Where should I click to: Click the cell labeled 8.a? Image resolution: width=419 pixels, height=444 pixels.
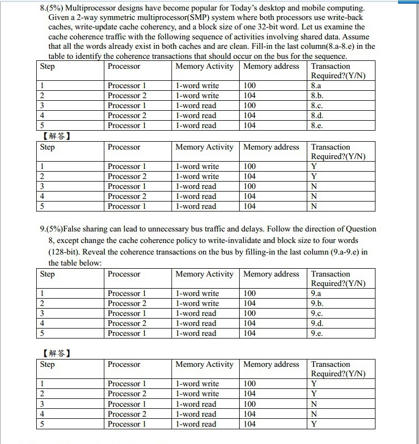click(x=316, y=86)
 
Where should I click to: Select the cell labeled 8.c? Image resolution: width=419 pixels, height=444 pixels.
click(x=316, y=105)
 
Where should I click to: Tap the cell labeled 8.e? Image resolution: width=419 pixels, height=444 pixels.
click(x=316, y=125)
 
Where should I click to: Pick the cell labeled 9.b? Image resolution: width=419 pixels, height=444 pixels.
click(x=316, y=303)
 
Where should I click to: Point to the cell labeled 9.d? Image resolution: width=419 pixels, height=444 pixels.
click(x=316, y=323)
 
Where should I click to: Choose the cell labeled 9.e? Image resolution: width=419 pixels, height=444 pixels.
click(x=316, y=333)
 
